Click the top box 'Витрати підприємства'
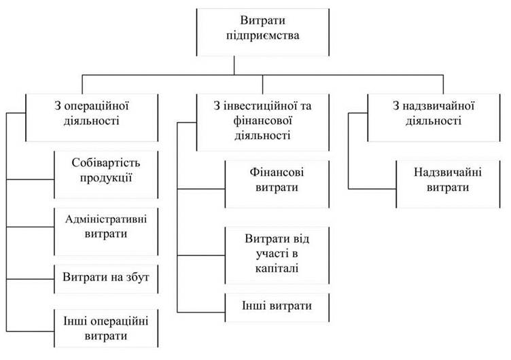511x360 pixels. coord(263,32)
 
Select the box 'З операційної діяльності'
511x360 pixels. coord(92,118)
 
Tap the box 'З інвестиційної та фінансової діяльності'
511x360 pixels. coord(263,122)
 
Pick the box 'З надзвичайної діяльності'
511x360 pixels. coord(434,118)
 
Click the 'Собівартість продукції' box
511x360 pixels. coord(106,175)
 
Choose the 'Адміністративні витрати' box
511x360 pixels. coord(106,232)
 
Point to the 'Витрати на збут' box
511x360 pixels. coord(106,279)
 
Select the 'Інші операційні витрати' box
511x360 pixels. coord(106,328)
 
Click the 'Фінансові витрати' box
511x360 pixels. coord(277,184)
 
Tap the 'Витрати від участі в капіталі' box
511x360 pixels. coord(277,255)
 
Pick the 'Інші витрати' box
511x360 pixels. coord(277,308)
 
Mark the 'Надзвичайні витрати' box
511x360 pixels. coord(448,184)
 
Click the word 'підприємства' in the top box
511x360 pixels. coord(263,35)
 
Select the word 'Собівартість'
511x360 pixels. coord(106,162)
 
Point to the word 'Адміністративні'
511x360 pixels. coord(106,219)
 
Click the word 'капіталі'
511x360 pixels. coord(277,268)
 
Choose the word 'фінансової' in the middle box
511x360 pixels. coord(263,121)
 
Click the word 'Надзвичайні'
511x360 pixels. coord(448,172)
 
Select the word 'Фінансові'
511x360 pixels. coord(277,172)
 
